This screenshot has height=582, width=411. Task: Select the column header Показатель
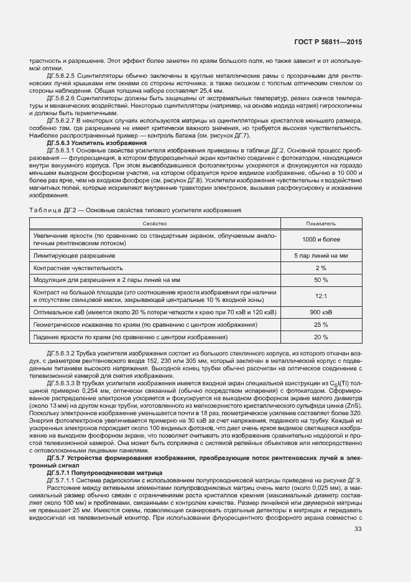point(321,222)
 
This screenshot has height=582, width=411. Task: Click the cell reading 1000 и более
point(321,239)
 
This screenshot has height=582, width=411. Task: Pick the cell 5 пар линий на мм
point(321,255)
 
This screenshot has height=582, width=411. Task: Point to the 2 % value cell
point(321,267)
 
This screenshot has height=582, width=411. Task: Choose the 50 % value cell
point(321,279)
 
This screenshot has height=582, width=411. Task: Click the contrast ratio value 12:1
point(321,296)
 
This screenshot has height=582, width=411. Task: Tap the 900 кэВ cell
point(321,312)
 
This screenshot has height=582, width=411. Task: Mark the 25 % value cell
point(321,324)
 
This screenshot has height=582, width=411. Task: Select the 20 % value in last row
point(321,337)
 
